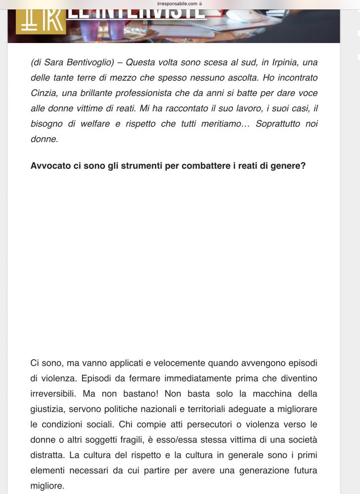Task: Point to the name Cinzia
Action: coord(44,93)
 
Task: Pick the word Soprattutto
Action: coord(278,124)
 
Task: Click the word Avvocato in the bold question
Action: coord(51,166)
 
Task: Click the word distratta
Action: coord(46,455)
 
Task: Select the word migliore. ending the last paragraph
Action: coord(47,486)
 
